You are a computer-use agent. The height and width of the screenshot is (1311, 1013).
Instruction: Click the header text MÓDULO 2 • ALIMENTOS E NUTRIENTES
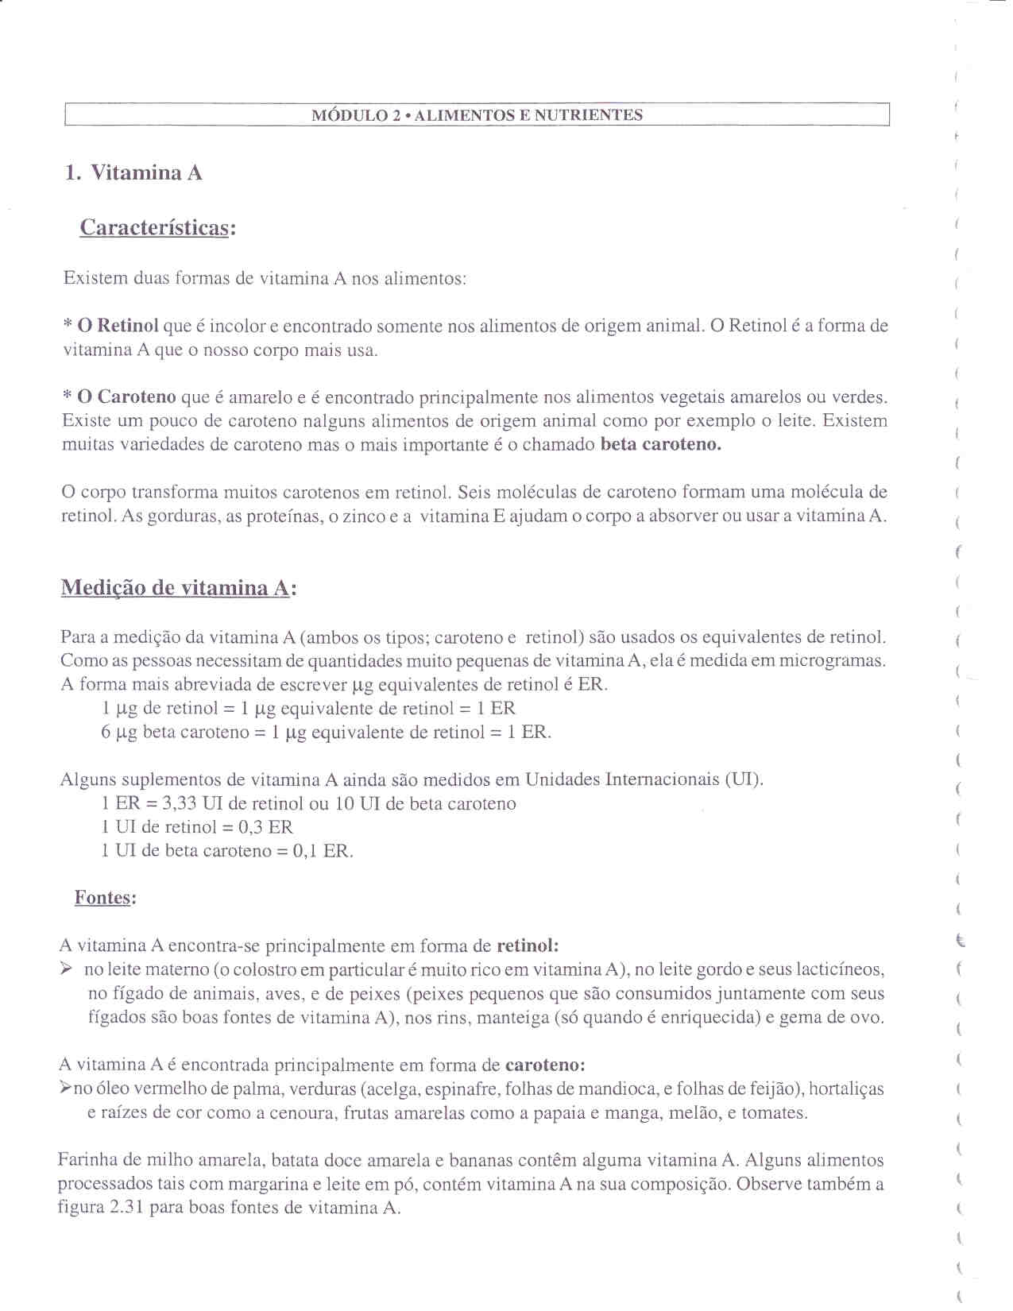tap(477, 115)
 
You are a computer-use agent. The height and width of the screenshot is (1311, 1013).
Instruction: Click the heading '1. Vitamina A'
tap(133, 173)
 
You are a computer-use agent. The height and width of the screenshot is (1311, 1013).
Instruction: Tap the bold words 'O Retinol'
tap(118, 326)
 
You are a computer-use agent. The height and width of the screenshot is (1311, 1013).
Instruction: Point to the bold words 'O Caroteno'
tap(126, 397)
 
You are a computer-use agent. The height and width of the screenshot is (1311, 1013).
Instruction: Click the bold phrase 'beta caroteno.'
tap(660, 445)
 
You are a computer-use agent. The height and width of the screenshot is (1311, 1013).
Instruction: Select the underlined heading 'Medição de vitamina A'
tap(175, 589)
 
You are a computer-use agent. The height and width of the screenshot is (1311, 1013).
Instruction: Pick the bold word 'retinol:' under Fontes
tap(528, 946)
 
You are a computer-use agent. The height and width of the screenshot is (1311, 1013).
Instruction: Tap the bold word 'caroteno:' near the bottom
tap(545, 1065)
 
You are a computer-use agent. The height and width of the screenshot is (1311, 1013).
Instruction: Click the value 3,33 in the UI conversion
tap(180, 804)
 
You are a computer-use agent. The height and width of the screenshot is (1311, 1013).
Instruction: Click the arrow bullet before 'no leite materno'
tap(68, 969)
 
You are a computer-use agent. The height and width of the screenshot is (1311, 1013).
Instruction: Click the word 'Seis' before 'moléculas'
tap(476, 493)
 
